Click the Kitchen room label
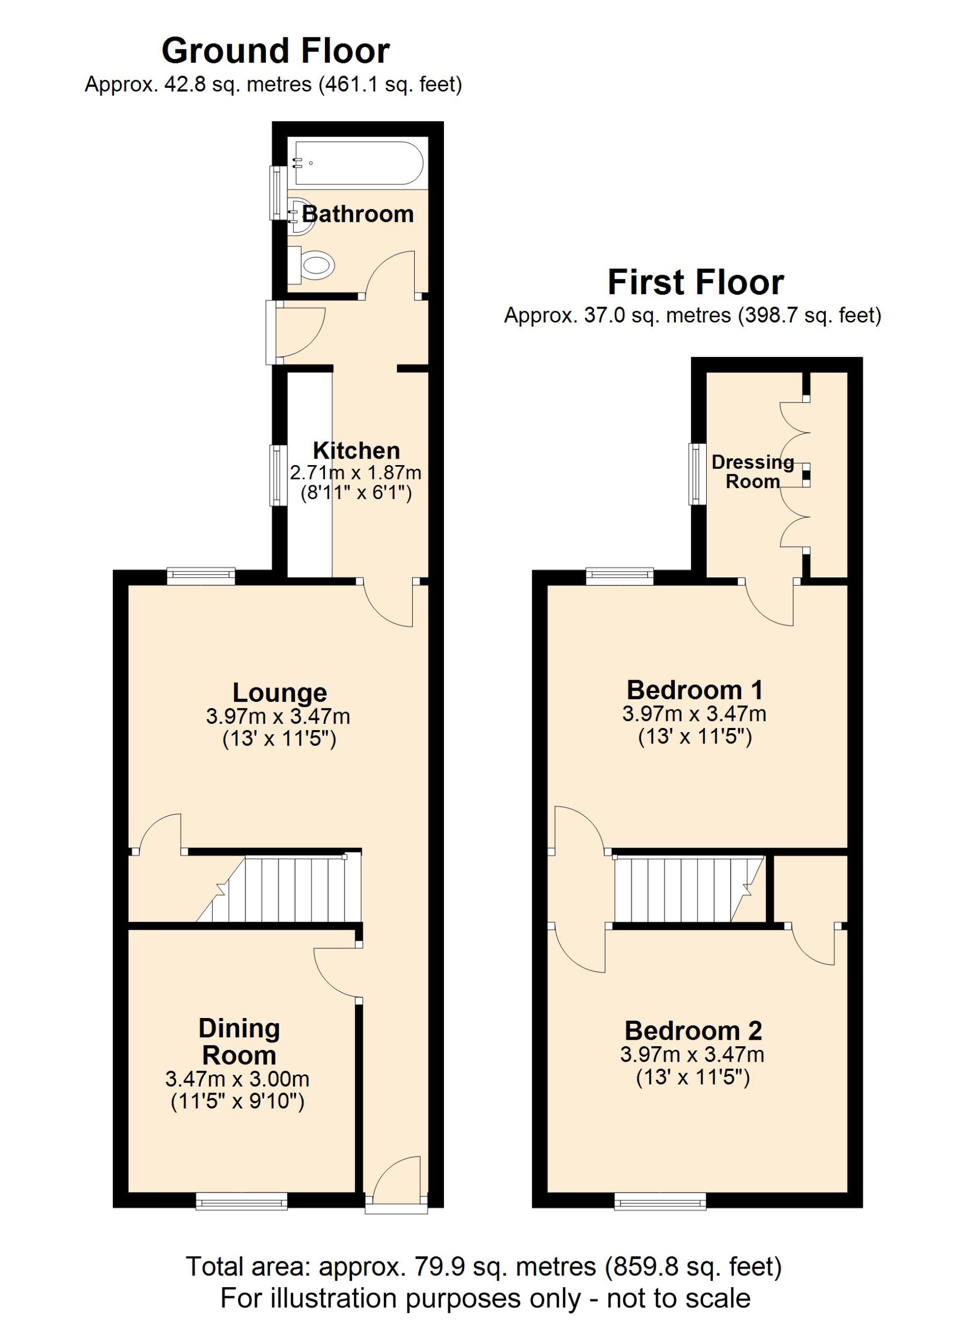pos(356,451)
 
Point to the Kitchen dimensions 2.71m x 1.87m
pos(356,473)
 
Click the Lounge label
pos(280,692)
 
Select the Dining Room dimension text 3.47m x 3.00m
pos(238,1079)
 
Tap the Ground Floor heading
pos(275,51)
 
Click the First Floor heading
pos(696,282)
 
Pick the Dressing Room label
pos(752,471)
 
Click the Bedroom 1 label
pos(694,690)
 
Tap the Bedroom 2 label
pos(693,1031)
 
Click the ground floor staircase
pos(290,889)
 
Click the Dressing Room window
pos(698,474)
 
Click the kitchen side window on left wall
pos(278,475)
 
